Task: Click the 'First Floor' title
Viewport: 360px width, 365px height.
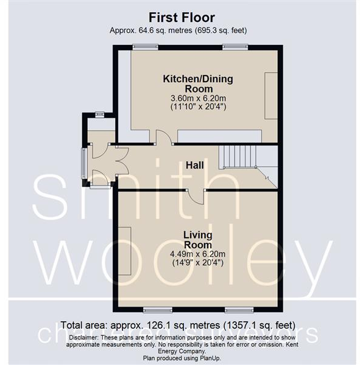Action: [180, 17]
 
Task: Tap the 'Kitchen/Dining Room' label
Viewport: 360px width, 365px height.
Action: [197, 83]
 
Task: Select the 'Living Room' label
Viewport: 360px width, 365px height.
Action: [197, 238]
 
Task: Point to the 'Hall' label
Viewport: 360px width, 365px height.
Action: [195, 165]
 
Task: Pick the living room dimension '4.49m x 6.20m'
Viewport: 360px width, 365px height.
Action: [197, 254]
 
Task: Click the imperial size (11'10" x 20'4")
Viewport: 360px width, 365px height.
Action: [197, 106]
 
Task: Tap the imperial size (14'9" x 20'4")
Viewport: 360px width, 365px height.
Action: [197, 263]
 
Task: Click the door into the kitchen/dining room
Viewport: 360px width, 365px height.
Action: [163, 138]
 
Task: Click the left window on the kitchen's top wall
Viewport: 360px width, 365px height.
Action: [146, 47]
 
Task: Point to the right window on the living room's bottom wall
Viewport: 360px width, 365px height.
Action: [235, 310]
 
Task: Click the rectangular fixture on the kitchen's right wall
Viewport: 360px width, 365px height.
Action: [271, 96]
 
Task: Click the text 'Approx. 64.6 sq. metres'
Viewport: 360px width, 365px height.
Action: [147, 30]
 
